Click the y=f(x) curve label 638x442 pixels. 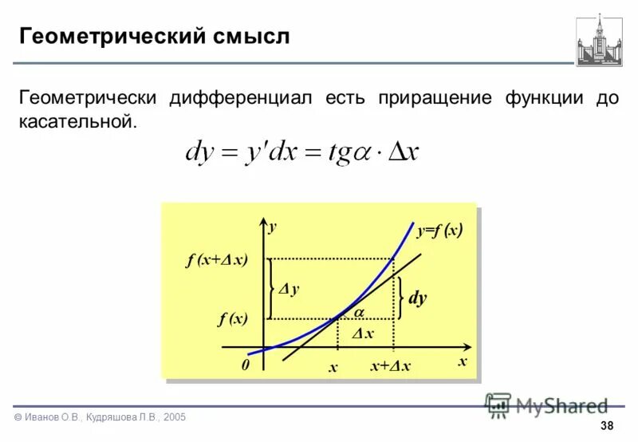pos(439,231)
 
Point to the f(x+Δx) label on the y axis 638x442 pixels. pos(217,260)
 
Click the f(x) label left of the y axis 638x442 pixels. pos(233,319)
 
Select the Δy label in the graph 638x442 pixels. pos(289,290)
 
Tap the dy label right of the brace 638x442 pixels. pos(417,299)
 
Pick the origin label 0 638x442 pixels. pos(246,364)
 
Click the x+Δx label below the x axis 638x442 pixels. pos(390,366)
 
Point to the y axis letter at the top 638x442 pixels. pos(272,227)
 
